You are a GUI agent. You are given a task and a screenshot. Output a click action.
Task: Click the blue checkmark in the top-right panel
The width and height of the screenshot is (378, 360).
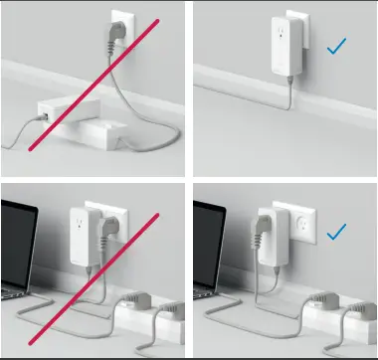click(335, 45)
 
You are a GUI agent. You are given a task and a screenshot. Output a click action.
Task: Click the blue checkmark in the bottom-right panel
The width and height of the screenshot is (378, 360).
click(336, 231)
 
